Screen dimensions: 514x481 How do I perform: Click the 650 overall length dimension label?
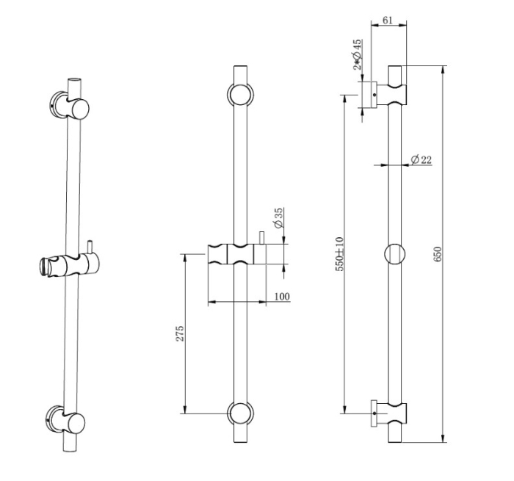(x=438, y=254)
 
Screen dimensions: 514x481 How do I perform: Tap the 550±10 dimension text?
(x=340, y=254)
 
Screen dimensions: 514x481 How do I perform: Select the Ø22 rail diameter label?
(x=421, y=159)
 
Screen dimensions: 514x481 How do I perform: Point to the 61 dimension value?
(x=388, y=21)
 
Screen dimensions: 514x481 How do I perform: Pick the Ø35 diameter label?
(x=278, y=218)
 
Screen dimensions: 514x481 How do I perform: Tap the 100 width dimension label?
(x=282, y=297)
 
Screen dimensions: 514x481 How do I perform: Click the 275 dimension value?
(x=180, y=333)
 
